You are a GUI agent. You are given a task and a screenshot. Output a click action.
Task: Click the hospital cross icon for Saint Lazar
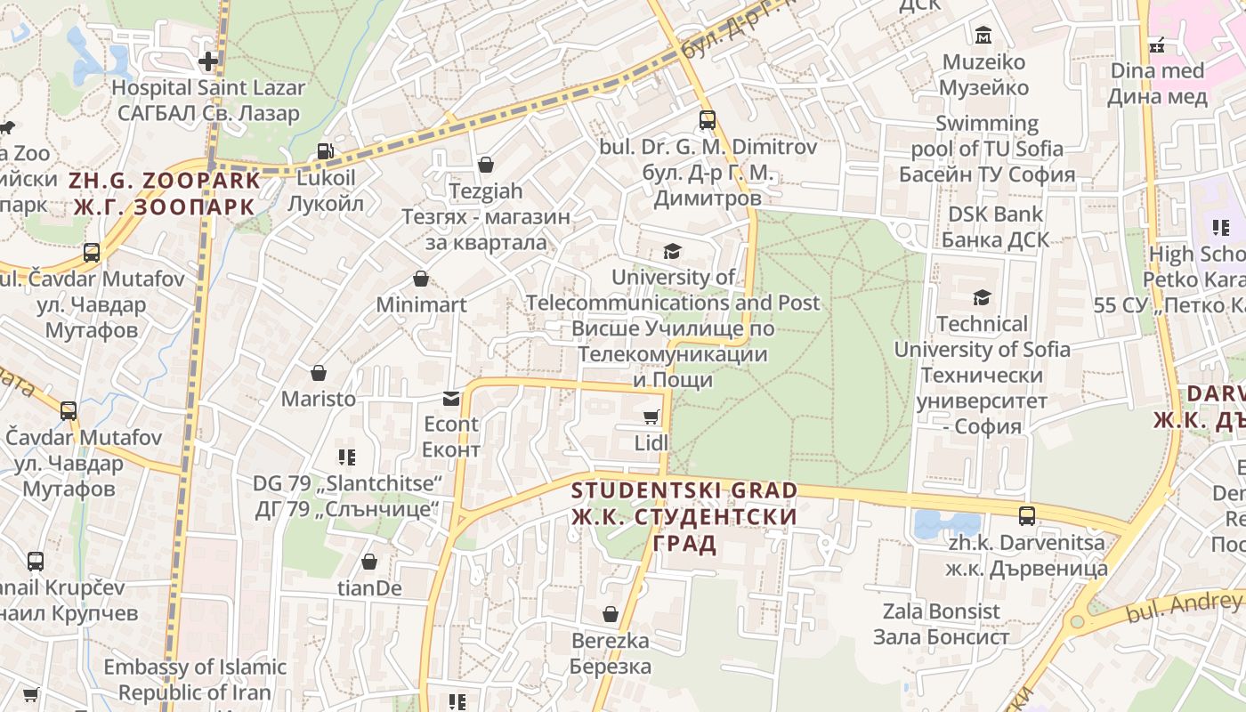coord(208,61)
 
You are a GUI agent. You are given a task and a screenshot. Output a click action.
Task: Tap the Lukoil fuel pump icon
coord(326,152)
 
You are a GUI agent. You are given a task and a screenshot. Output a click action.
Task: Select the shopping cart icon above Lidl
coord(651,417)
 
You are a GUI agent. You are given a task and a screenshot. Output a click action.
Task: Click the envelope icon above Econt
coord(451,398)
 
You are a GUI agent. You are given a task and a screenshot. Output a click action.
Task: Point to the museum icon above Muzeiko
coord(983,36)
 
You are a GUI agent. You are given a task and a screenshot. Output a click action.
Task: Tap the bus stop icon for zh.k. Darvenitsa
coord(1026,515)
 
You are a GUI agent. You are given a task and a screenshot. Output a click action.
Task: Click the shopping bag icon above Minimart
coord(421,279)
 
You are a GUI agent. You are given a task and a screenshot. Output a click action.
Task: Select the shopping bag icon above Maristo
coord(319,373)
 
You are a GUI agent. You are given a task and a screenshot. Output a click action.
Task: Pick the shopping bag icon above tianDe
coord(369,562)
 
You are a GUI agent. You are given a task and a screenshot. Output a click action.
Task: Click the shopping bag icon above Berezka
coord(611,614)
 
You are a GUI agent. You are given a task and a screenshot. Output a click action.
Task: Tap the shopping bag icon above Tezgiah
coord(486,165)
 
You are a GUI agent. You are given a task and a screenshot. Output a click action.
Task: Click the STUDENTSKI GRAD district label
coord(684,490)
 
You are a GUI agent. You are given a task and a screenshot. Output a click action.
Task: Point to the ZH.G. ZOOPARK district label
coord(166,181)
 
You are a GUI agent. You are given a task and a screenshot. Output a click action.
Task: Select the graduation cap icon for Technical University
coord(982,297)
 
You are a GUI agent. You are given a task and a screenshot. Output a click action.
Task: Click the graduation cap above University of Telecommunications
coord(672,252)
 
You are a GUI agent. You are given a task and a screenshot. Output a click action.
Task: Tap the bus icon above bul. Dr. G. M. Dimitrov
coord(708,120)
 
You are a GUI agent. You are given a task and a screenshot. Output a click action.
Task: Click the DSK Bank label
coord(995,214)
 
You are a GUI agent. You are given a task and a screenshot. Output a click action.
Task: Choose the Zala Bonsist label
coord(942,611)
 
